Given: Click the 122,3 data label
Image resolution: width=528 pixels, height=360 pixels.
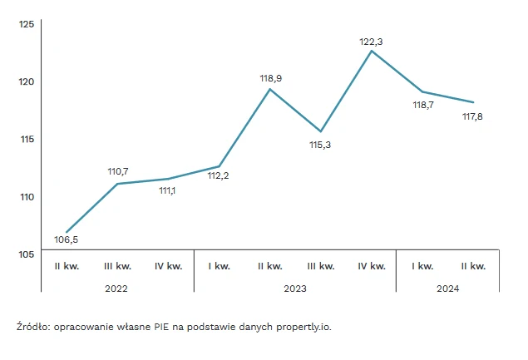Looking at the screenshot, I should click(x=370, y=41).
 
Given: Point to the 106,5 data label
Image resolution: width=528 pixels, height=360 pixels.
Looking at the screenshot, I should click(x=66, y=241).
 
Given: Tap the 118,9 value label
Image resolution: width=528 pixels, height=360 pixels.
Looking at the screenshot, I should click(x=271, y=78).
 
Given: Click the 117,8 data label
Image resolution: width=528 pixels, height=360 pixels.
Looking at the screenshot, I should click(x=472, y=116).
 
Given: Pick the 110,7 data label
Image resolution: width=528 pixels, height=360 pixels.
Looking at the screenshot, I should click(x=118, y=171).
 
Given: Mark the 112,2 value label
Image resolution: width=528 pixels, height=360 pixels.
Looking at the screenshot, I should click(x=219, y=175).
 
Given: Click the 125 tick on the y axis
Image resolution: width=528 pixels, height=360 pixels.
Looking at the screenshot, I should click(x=26, y=24).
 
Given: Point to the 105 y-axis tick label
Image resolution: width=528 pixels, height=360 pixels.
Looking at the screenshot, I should click(x=26, y=254).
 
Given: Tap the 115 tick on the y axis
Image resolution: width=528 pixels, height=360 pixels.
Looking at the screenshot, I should click(x=26, y=139).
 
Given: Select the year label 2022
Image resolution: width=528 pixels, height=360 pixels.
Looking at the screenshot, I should click(x=116, y=288).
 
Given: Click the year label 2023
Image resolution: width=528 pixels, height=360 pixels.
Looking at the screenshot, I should click(x=295, y=288).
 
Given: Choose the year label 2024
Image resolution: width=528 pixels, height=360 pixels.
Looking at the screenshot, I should click(x=447, y=288).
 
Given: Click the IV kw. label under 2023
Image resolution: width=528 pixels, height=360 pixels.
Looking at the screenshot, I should click(x=372, y=266).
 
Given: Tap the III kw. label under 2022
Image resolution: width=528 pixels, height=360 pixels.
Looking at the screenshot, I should click(x=117, y=266).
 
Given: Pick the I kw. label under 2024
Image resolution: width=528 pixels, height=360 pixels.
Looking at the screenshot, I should click(x=422, y=266).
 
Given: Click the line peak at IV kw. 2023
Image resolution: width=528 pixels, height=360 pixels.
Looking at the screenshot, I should click(x=372, y=51).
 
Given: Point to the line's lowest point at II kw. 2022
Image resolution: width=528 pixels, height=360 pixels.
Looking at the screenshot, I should click(x=67, y=232).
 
